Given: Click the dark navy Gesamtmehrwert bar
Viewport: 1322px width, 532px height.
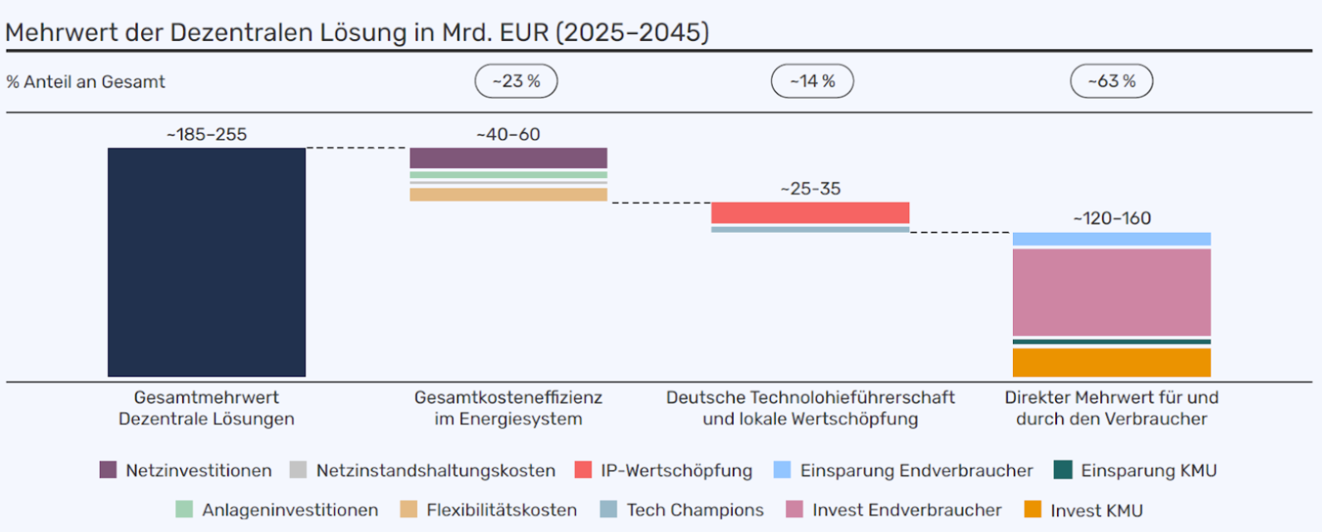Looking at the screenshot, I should coord(206,262).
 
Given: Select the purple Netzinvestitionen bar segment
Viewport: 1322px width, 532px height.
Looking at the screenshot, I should coord(508,158).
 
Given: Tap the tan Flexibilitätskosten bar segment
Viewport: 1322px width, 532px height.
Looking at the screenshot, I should coord(508,195).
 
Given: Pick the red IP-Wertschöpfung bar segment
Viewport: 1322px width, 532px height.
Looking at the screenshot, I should coord(810,213).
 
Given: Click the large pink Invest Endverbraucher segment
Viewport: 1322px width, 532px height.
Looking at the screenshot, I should coord(1111,292).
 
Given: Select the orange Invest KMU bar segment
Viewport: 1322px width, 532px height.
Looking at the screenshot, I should coord(1111,362).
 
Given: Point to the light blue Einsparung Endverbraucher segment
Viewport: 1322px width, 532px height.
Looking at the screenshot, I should coord(1111,239).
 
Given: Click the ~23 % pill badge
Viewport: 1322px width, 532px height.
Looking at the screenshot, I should coord(516,81).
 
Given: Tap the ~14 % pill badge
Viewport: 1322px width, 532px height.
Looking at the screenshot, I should coord(812,81).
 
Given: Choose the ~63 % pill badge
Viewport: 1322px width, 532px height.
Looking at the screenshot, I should coord(1111,81).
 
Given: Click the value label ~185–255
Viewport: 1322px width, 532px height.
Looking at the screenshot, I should coord(207,135).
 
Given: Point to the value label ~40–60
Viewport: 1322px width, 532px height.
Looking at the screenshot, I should coord(508,135).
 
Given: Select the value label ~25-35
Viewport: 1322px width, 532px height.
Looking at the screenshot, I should coord(810,189).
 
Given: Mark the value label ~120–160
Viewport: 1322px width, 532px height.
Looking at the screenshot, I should coord(1112,219).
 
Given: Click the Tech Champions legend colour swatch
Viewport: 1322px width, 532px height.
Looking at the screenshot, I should coord(608,509).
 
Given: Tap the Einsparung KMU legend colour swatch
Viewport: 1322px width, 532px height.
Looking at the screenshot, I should coord(1063,470).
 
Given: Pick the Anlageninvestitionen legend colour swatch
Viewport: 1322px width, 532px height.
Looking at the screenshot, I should coord(184,509).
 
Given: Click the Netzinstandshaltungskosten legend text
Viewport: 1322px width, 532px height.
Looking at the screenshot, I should coord(435,470).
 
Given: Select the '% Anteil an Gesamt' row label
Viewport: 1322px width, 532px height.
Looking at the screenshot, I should coord(86,81).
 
